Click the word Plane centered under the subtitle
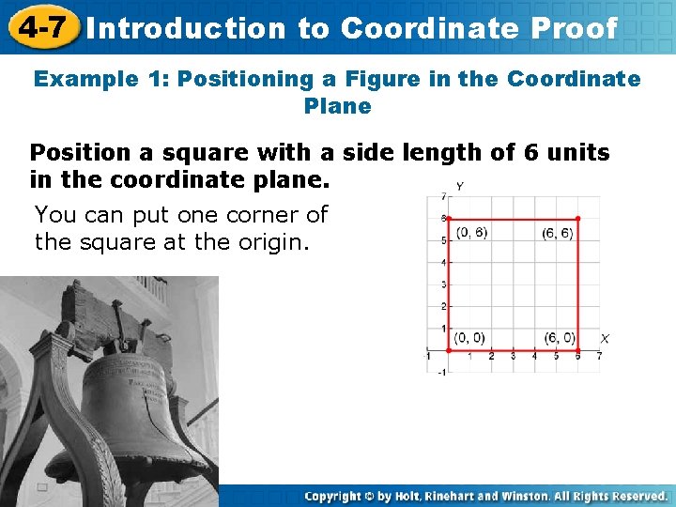click(x=337, y=106)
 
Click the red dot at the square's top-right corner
click(x=577, y=219)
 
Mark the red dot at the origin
click(x=448, y=350)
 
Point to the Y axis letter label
click(x=458, y=186)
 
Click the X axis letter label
click(x=605, y=338)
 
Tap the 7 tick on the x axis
click(x=599, y=357)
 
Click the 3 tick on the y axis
click(x=442, y=284)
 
